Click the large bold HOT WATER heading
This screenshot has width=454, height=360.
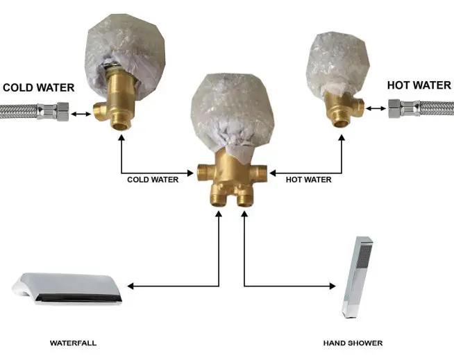click(419, 85)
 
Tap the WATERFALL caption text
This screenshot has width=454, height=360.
click(73, 343)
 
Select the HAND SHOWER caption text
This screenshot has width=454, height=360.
click(353, 343)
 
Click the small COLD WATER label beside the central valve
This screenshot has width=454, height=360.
click(153, 180)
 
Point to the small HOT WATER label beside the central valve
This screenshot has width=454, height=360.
click(308, 180)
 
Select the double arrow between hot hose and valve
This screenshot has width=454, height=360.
click(376, 108)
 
